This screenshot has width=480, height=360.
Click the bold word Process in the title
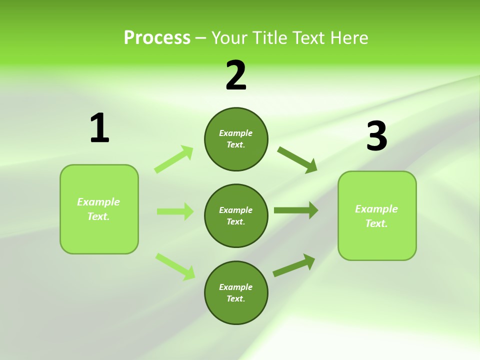tap(157, 38)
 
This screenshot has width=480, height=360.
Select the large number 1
tap(99, 128)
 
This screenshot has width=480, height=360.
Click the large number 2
tap(236, 75)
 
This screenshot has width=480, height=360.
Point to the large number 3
tap(376, 136)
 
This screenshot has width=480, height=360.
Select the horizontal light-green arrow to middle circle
tap(175, 211)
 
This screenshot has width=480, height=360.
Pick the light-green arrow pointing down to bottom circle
tap(175, 266)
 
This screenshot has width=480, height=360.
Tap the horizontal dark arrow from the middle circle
tap(296, 210)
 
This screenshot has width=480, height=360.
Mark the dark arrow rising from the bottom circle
tap(294, 265)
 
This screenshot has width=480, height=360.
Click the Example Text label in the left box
tap(98, 209)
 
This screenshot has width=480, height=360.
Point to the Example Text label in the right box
tap(376, 216)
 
